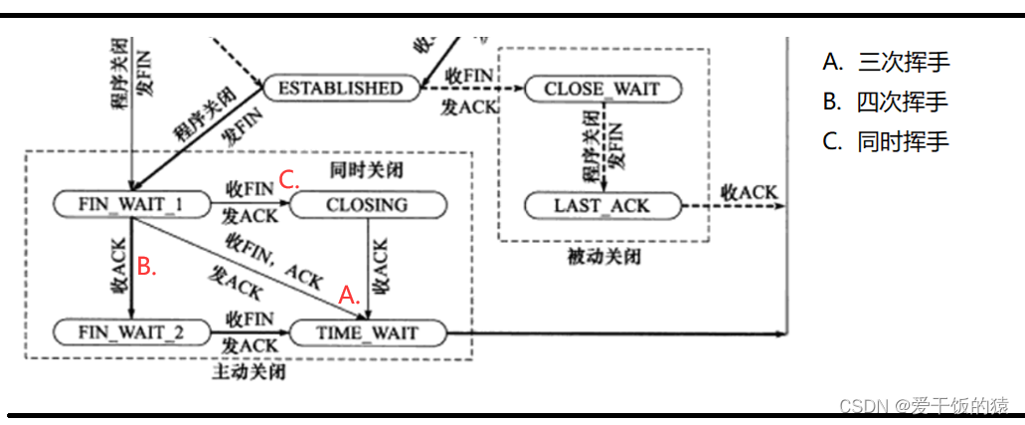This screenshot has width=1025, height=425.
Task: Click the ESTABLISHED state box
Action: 340,88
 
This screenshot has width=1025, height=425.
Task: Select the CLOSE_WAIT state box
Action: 601,89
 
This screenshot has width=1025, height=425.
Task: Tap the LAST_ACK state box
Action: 601,206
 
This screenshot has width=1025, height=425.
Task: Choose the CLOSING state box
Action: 367,205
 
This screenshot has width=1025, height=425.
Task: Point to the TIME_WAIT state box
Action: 367,332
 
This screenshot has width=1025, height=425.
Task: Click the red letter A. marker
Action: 348,295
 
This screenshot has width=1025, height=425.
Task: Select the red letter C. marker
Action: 288,180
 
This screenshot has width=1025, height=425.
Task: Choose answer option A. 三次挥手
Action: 886,62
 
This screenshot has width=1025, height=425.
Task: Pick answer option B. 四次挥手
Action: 886,102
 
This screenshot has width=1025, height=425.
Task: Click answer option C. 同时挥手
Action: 886,141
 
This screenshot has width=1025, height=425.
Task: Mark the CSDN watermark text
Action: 924,405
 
